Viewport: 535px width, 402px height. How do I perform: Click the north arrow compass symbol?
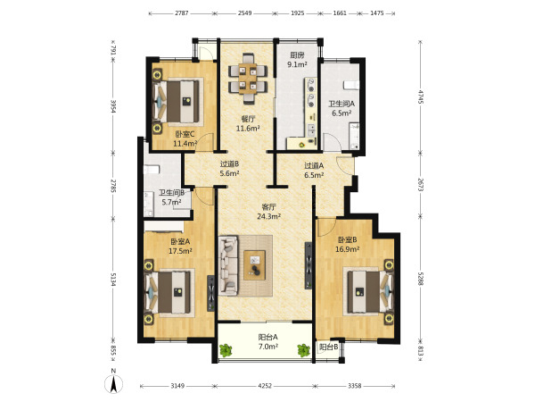(113, 383)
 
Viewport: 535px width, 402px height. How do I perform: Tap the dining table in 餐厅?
(248, 79)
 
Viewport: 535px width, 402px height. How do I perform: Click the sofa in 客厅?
(228, 265)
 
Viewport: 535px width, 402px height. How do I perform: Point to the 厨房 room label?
(297, 55)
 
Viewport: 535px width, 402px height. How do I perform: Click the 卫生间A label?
(342, 104)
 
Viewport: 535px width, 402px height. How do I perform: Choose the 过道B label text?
(229, 164)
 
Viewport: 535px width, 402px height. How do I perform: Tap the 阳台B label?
(328, 348)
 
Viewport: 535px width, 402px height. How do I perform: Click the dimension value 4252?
(265, 386)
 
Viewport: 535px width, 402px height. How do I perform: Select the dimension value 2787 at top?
(182, 13)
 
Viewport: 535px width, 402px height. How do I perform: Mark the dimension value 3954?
(113, 107)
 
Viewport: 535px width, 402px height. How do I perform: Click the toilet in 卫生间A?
(351, 85)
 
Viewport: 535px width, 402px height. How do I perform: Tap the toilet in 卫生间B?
(152, 170)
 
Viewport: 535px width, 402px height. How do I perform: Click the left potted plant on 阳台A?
(226, 350)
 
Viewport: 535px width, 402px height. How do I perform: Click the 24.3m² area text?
(269, 216)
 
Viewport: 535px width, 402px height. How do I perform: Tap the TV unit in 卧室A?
(211, 293)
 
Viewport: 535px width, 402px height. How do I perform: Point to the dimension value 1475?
(377, 13)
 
